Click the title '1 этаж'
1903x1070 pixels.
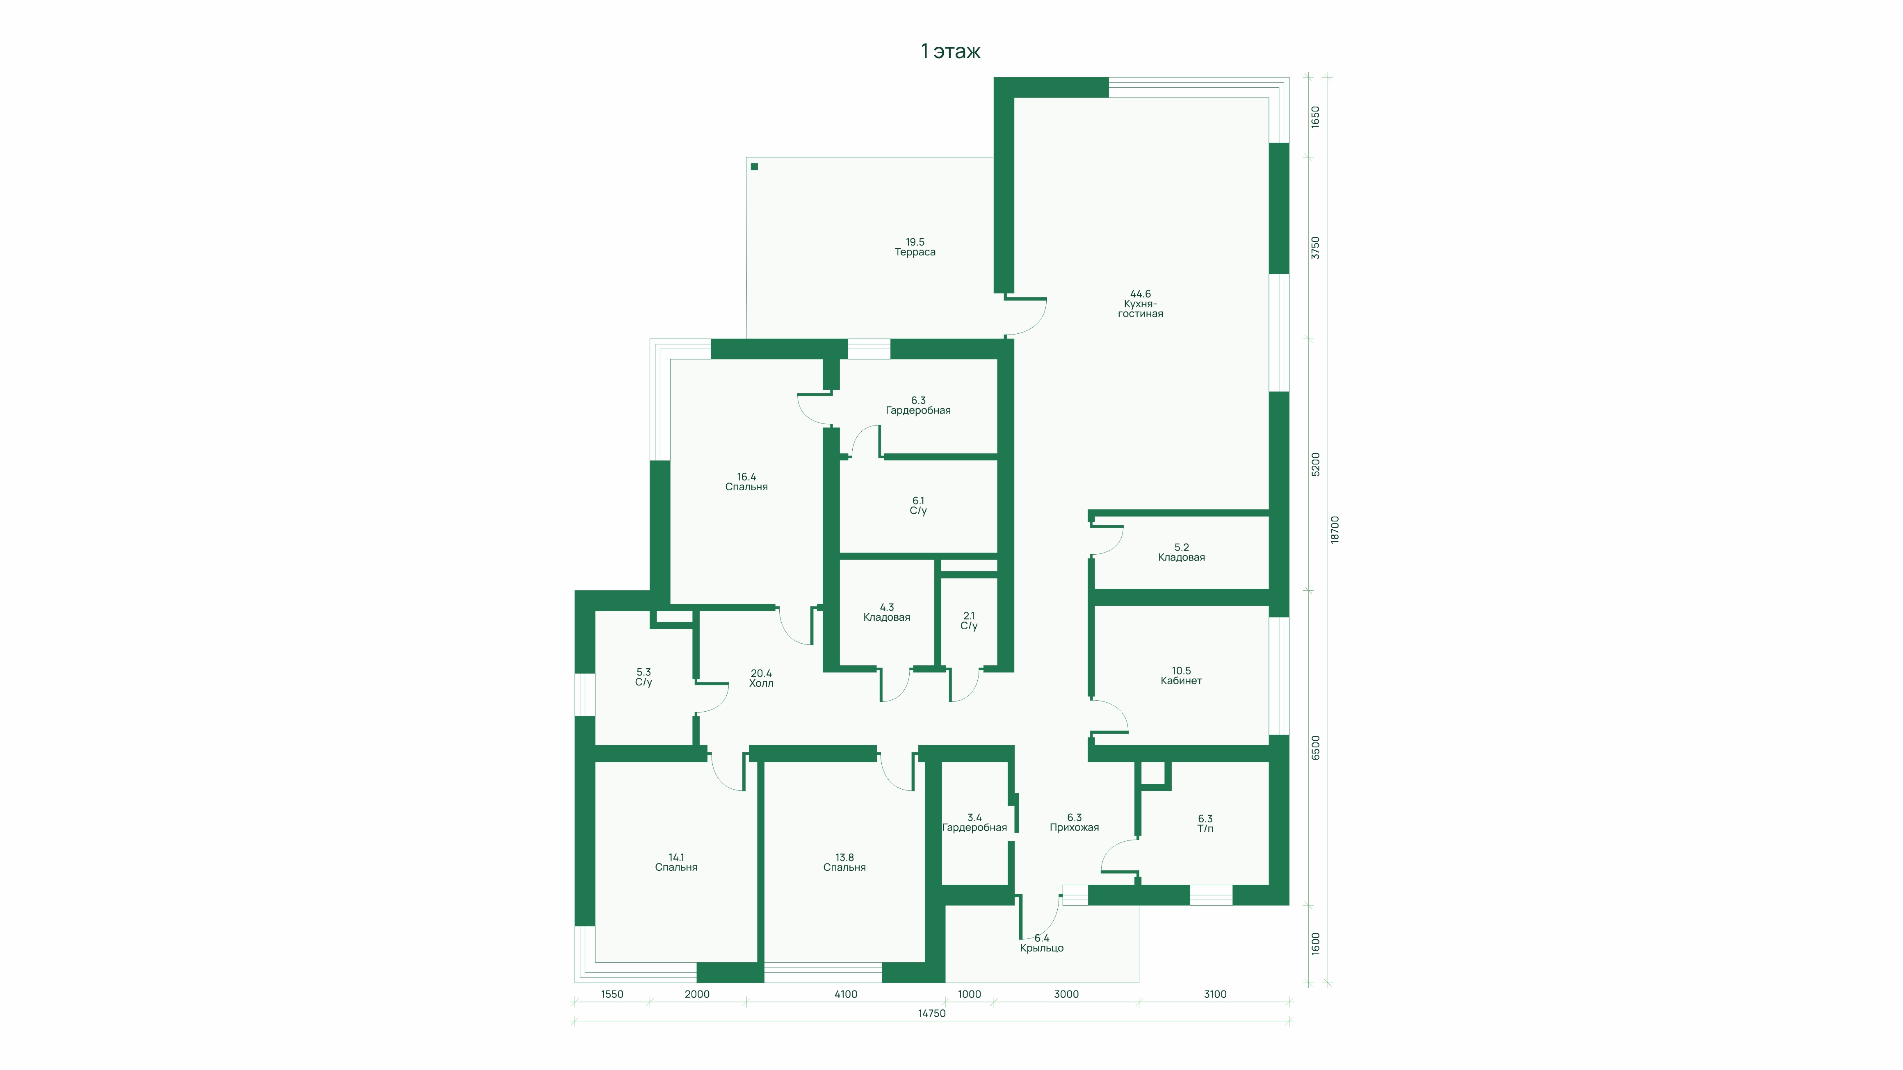(x=951, y=51)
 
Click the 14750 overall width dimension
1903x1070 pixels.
(x=931, y=1013)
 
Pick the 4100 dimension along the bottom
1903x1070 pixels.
(x=846, y=994)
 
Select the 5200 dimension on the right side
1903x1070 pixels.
(x=1315, y=464)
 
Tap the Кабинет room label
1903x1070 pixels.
(x=1181, y=676)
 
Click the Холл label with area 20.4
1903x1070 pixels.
(x=761, y=678)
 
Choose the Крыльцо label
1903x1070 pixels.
(x=1042, y=943)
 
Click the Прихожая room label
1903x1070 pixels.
(x=1074, y=823)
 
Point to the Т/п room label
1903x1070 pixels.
(x=1205, y=823)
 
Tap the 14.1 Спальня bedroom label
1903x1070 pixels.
(x=676, y=863)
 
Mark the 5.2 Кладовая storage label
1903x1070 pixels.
(x=1181, y=552)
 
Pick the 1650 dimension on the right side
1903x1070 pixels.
(x=1315, y=117)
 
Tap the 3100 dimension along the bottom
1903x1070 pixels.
(x=1215, y=994)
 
